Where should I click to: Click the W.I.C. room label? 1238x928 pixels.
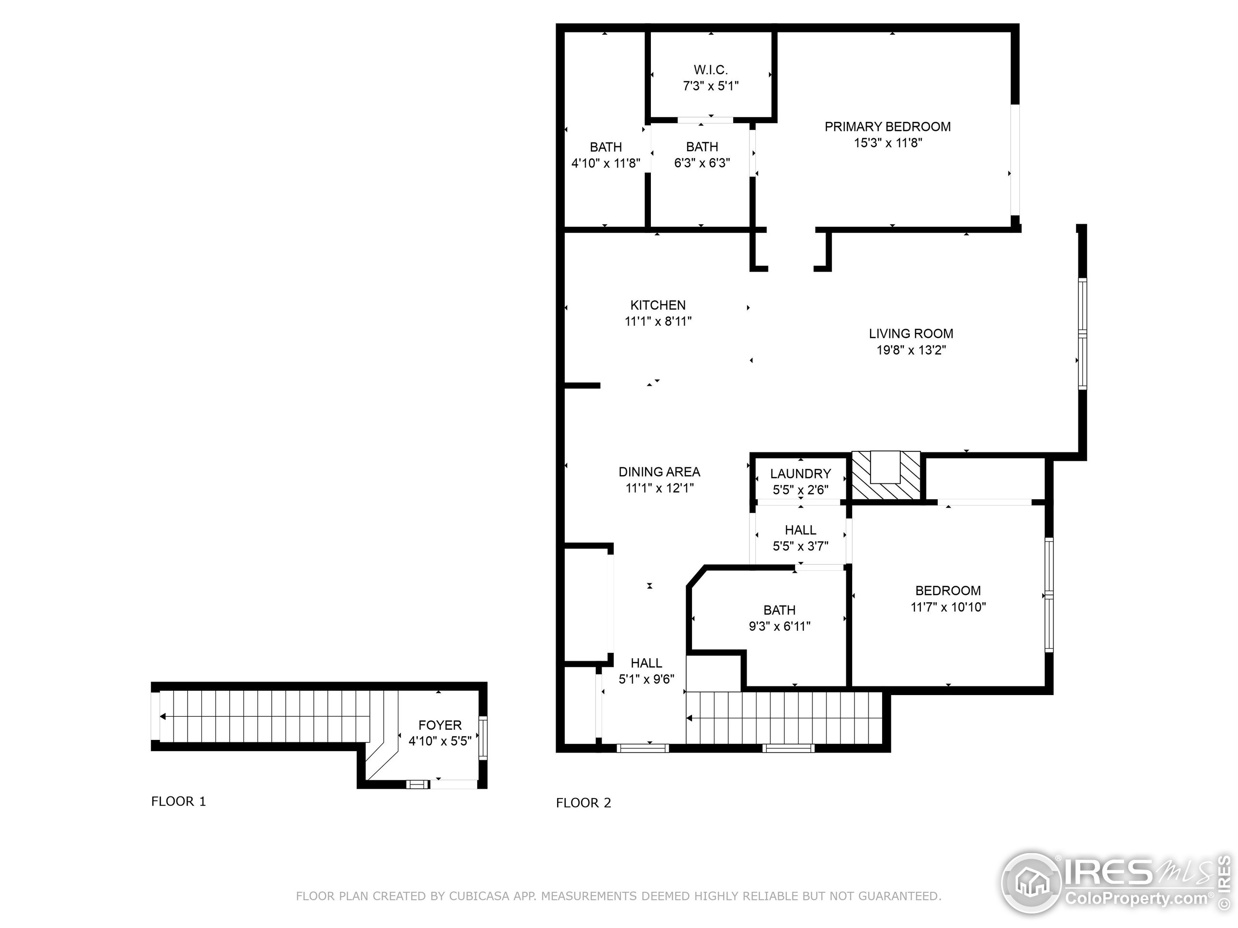(711, 70)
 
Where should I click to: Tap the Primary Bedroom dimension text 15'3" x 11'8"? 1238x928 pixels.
(888, 143)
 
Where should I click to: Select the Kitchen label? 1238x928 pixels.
(658, 305)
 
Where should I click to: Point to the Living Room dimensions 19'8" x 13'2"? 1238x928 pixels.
(911, 350)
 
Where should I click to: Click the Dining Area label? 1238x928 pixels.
(659, 472)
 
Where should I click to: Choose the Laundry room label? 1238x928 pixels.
(800, 474)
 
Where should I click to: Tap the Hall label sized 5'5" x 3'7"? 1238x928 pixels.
(800, 530)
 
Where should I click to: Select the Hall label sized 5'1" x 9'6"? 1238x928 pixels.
(646, 663)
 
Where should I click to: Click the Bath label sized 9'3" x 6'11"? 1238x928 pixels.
(779, 609)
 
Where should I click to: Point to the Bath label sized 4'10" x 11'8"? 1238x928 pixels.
(605, 147)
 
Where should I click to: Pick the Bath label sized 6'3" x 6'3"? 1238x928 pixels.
(702, 146)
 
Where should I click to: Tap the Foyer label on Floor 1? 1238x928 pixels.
(440, 725)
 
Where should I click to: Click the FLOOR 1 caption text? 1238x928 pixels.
(178, 801)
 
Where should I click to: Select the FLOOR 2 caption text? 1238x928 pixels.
(583, 803)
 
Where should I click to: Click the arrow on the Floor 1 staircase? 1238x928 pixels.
(163, 717)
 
